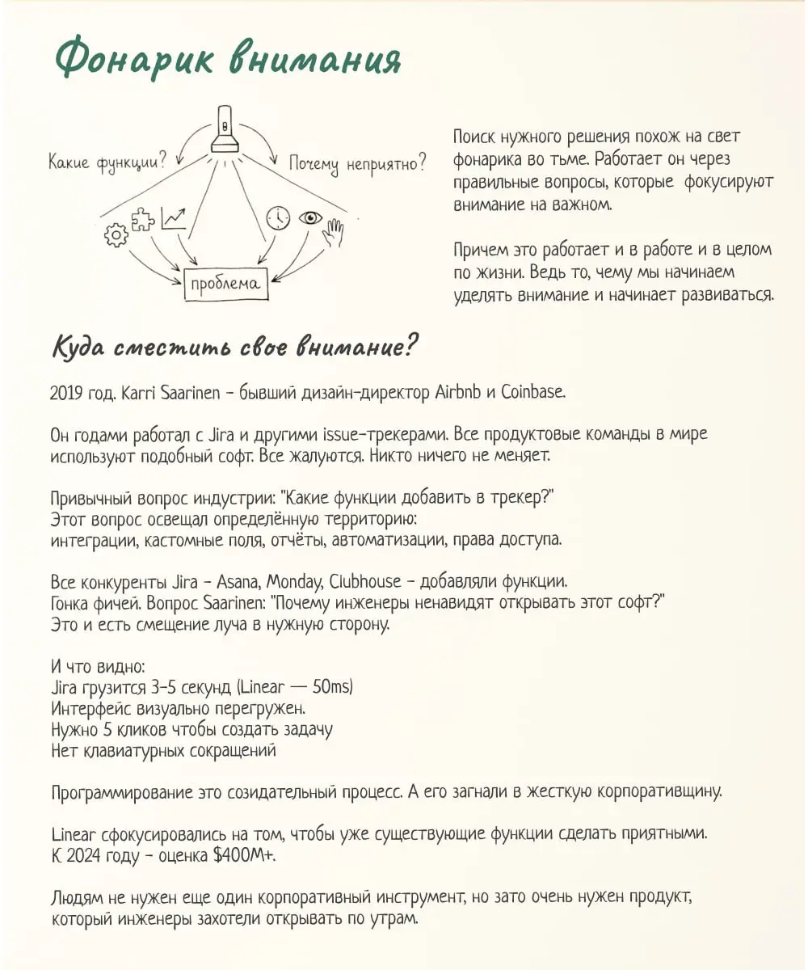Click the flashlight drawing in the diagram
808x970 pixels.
(225, 130)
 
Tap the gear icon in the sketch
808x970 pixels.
(116, 235)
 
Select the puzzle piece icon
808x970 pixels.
(144, 220)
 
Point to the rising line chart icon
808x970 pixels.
(173, 217)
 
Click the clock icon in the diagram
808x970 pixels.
(278, 218)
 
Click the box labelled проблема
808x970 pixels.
(225, 283)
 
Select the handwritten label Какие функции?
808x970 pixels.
(107, 162)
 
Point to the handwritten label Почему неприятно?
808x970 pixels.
(358, 163)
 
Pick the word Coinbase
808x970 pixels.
(533, 394)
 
